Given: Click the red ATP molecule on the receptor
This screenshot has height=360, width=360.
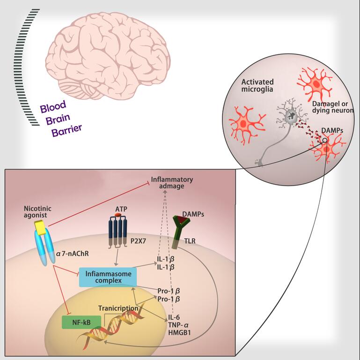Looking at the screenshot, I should click(118, 216).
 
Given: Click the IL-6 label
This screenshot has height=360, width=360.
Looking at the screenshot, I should click(174, 318).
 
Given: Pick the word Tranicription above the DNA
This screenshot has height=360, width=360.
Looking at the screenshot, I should click(118, 308).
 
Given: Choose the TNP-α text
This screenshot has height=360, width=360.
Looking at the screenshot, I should click(178, 325).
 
